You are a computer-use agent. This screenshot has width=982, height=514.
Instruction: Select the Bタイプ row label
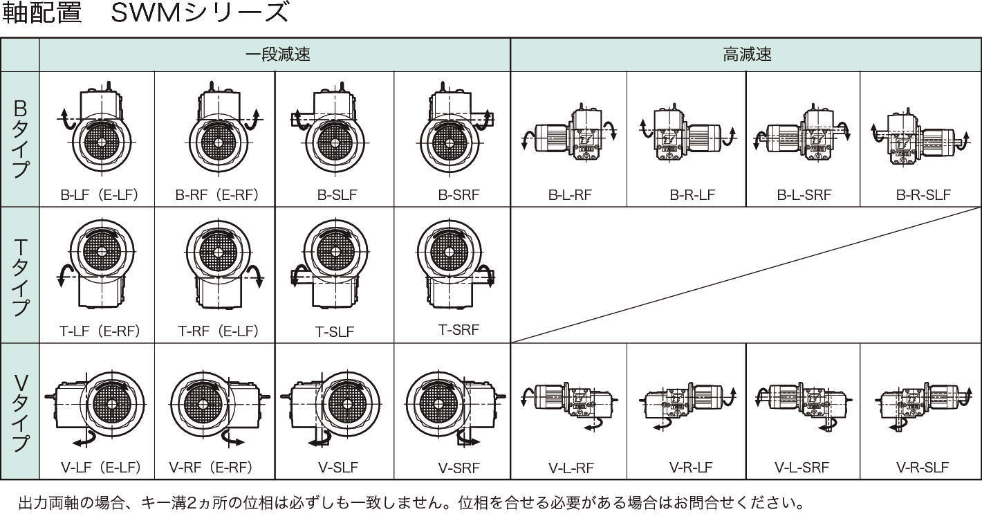(x=20, y=138)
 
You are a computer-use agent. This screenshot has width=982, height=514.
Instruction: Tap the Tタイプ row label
(x=20, y=275)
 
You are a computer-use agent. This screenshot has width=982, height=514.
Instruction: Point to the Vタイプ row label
(x=20, y=412)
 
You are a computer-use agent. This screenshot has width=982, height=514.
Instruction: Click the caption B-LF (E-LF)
(x=99, y=194)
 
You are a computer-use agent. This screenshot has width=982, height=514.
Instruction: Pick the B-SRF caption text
(x=458, y=194)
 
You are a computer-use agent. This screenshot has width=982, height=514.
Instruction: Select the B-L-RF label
(x=570, y=194)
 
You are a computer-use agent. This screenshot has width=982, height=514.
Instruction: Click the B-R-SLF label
(x=923, y=194)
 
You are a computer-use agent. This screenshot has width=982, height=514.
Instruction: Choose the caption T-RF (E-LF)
(x=218, y=331)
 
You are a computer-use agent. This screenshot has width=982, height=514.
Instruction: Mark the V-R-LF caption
(x=691, y=468)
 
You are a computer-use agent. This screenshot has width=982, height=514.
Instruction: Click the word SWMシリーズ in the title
(x=199, y=13)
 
